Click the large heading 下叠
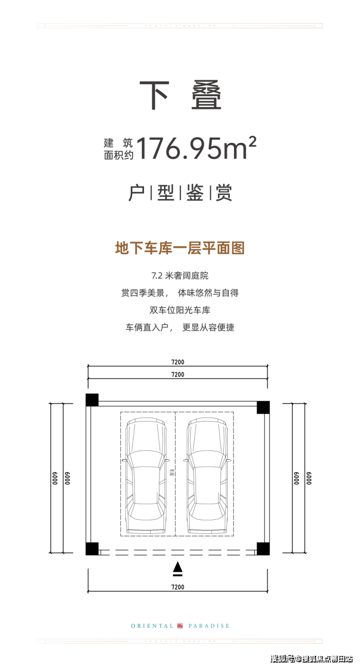pyautogui.click(x=180, y=96)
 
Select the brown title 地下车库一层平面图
pyautogui.click(x=180, y=248)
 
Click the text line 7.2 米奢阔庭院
pyautogui.click(x=180, y=276)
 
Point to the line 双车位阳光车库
pyautogui.click(x=180, y=310)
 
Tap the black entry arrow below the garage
pyautogui.click(x=178, y=567)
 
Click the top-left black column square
pyautogui.click(x=92, y=400)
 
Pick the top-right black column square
pyautogui.click(x=263, y=407)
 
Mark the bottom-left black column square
pyautogui.click(x=92, y=548)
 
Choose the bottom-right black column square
pyautogui.click(x=263, y=548)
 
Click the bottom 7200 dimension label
pyautogui.click(x=178, y=587)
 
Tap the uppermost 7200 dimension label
pyautogui.click(x=178, y=362)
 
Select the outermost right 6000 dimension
pyautogui.click(x=309, y=478)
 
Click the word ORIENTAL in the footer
pyautogui.click(x=152, y=626)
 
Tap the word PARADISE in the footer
pyautogui.click(x=208, y=626)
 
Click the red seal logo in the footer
pyautogui.click(x=180, y=626)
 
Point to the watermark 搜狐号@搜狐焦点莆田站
pyautogui.click(x=311, y=659)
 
